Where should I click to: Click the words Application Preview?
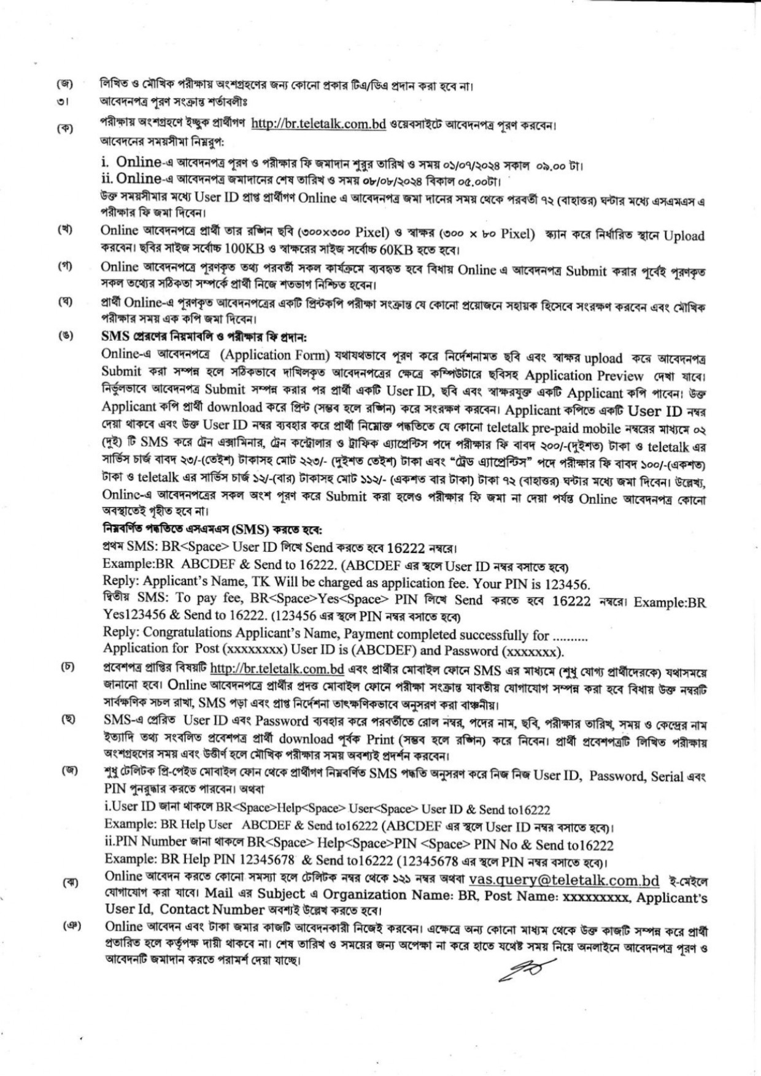click(584, 376)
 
